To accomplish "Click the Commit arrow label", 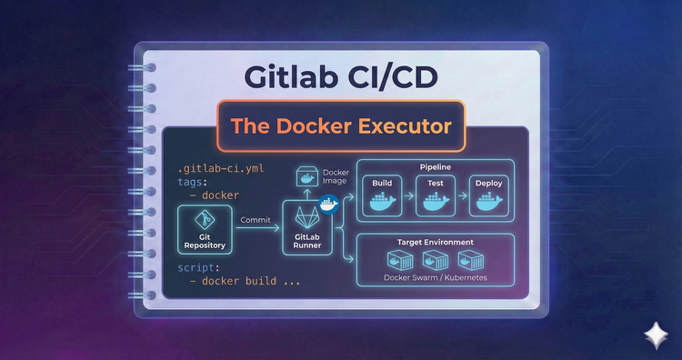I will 256,219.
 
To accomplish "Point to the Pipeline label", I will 436,168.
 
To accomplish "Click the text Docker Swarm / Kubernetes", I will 435,276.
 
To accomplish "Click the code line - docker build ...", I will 246,282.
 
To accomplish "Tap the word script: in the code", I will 198,268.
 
